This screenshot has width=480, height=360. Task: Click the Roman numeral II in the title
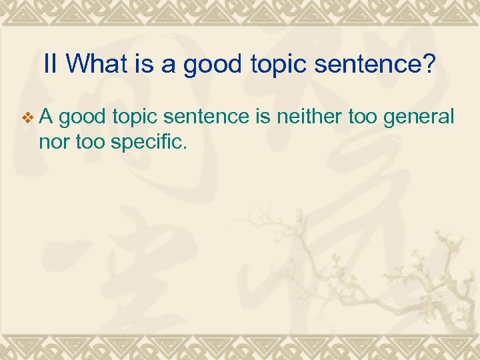(52, 64)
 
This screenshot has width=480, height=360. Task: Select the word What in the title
(93, 64)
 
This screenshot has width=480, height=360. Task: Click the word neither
(301, 118)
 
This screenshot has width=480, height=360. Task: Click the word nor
(51, 141)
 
